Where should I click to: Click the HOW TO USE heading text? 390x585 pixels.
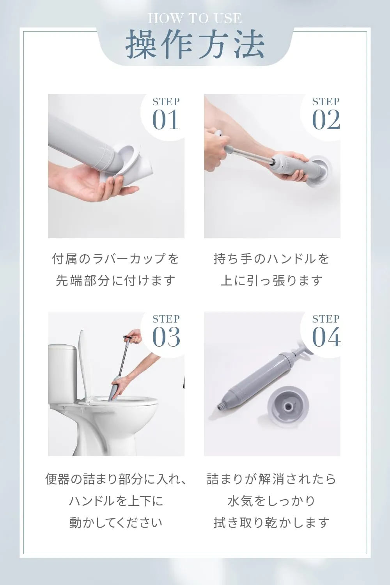click(195, 18)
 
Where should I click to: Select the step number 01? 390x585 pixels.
click(165, 120)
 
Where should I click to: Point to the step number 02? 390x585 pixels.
click(326, 120)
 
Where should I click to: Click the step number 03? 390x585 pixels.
click(166, 337)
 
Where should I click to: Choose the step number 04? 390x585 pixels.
click(326, 337)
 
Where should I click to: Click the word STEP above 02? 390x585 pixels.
click(326, 101)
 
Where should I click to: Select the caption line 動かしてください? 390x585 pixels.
click(116, 523)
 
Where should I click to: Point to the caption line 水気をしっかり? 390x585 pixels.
click(271, 501)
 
